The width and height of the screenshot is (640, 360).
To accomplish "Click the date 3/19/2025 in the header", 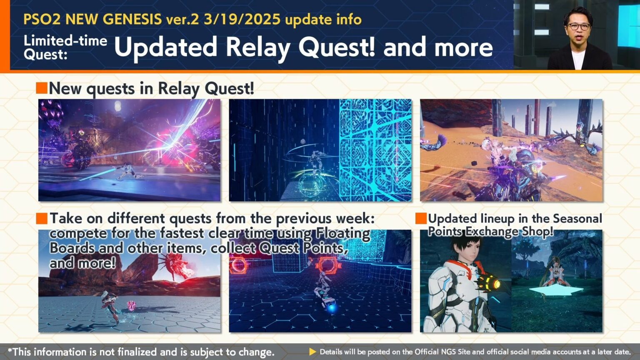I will pos(242,20).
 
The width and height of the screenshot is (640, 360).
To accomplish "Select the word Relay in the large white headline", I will pos(260,47).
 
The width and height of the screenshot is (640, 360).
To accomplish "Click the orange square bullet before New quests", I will pos(42,88).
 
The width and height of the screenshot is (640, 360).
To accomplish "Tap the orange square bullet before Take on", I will pos(42,218).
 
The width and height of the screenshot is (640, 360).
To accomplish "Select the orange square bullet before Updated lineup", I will pos(421,218).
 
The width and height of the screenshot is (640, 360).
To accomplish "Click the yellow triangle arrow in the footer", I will pos(312,352).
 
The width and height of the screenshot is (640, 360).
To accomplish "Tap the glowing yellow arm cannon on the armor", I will pos(490,284).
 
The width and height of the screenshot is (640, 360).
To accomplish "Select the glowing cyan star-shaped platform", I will pos(553,290).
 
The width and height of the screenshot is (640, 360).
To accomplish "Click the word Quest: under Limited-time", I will pos(45,55).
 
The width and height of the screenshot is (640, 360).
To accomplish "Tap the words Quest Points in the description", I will pos(301,248).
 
